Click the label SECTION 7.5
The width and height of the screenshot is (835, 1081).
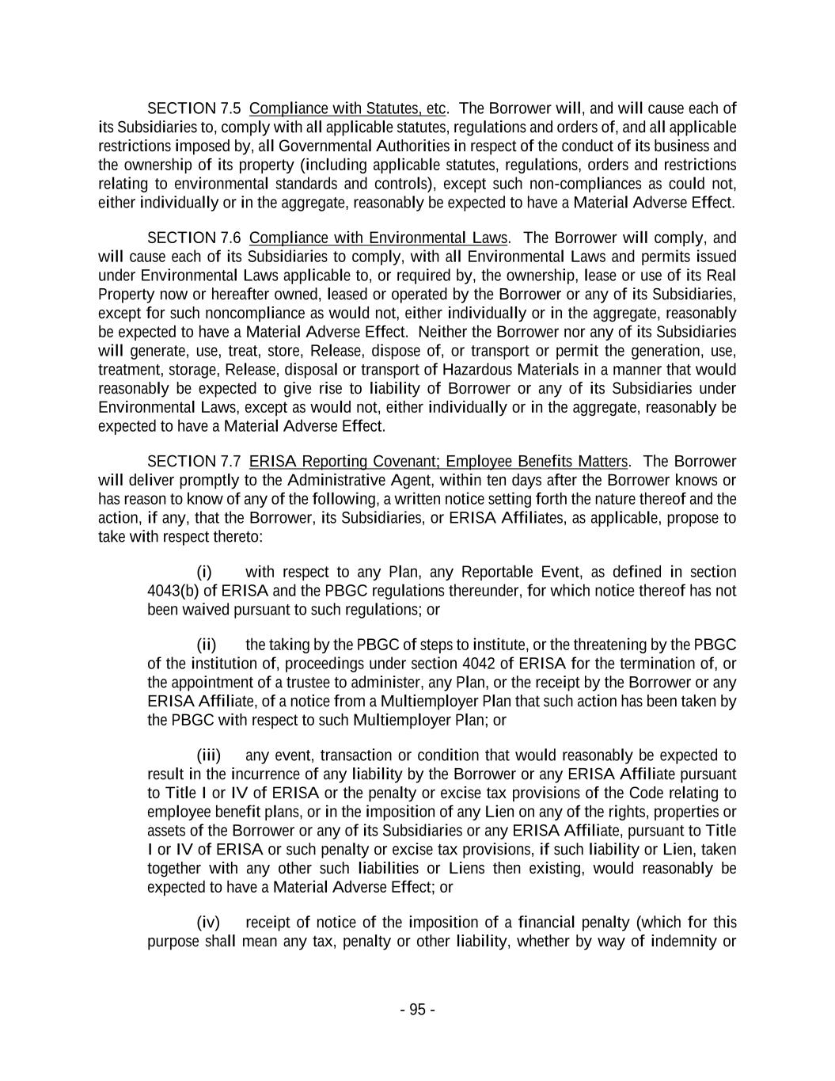pyautogui.click(x=193, y=108)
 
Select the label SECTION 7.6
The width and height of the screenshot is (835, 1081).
pyautogui.click(x=193, y=238)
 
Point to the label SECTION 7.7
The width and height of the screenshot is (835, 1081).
pyautogui.click(x=193, y=462)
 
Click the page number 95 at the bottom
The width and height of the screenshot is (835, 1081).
pyautogui.click(x=417, y=1010)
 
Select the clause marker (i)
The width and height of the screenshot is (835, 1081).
pyautogui.click(x=204, y=573)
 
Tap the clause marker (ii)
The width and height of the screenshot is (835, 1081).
pyautogui.click(x=206, y=645)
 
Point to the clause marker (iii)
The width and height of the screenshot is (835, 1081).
pyautogui.click(x=208, y=756)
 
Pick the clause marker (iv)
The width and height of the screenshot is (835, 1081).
pyautogui.click(x=207, y=923)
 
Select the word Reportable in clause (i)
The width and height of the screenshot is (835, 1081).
pyautogui.click(x=497, y=573)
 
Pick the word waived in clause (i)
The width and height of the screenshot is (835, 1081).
pyautogui.click(x=206, y=611)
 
